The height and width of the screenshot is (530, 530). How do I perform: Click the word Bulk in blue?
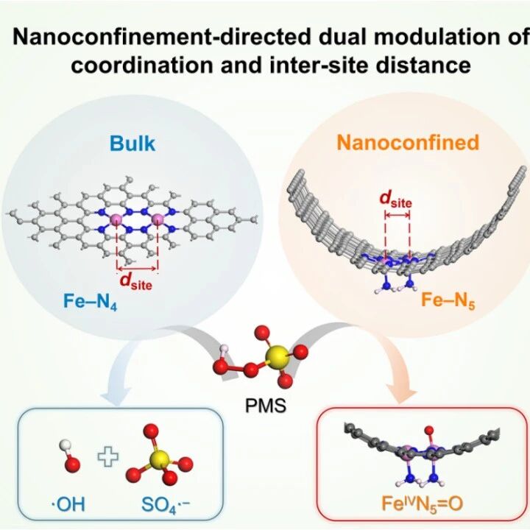click(132, 144)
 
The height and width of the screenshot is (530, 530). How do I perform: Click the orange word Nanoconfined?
click(408, 142)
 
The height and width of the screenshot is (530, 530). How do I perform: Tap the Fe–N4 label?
click(91, 302)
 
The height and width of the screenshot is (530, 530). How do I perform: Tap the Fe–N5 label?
click(448, 300)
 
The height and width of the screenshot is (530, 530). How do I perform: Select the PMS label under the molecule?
click(265, 406)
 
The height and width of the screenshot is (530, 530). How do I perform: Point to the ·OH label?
click(68, 504)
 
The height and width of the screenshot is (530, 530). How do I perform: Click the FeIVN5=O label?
click(423, 504)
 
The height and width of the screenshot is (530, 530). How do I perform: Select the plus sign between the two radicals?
click(108, 456)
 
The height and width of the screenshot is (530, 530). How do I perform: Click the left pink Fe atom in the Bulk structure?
click(116, 220)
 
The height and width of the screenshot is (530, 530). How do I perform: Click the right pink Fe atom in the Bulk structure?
click(157, 220)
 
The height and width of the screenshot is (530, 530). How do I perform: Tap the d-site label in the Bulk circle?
click(136, 281)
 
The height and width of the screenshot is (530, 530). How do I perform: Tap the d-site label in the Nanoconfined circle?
click(395, 199)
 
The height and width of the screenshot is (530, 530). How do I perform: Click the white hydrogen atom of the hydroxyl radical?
click(65, 445)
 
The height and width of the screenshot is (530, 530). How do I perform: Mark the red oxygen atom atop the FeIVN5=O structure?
click(429, 431)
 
